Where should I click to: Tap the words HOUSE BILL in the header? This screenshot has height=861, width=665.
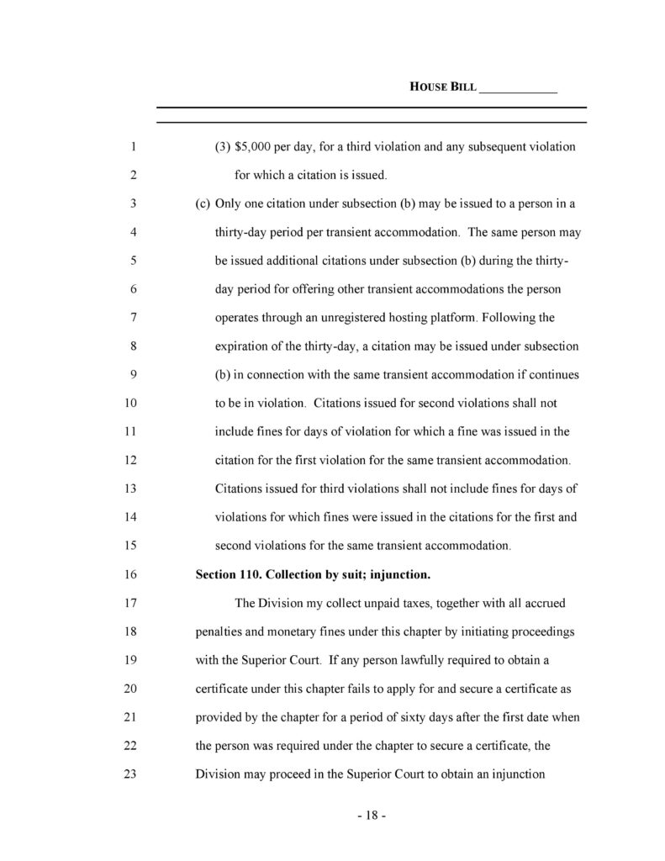tap(442, 87)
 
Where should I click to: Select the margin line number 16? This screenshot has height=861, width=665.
tap(131, 575)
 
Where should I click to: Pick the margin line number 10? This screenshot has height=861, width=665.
tap(131, 404)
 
